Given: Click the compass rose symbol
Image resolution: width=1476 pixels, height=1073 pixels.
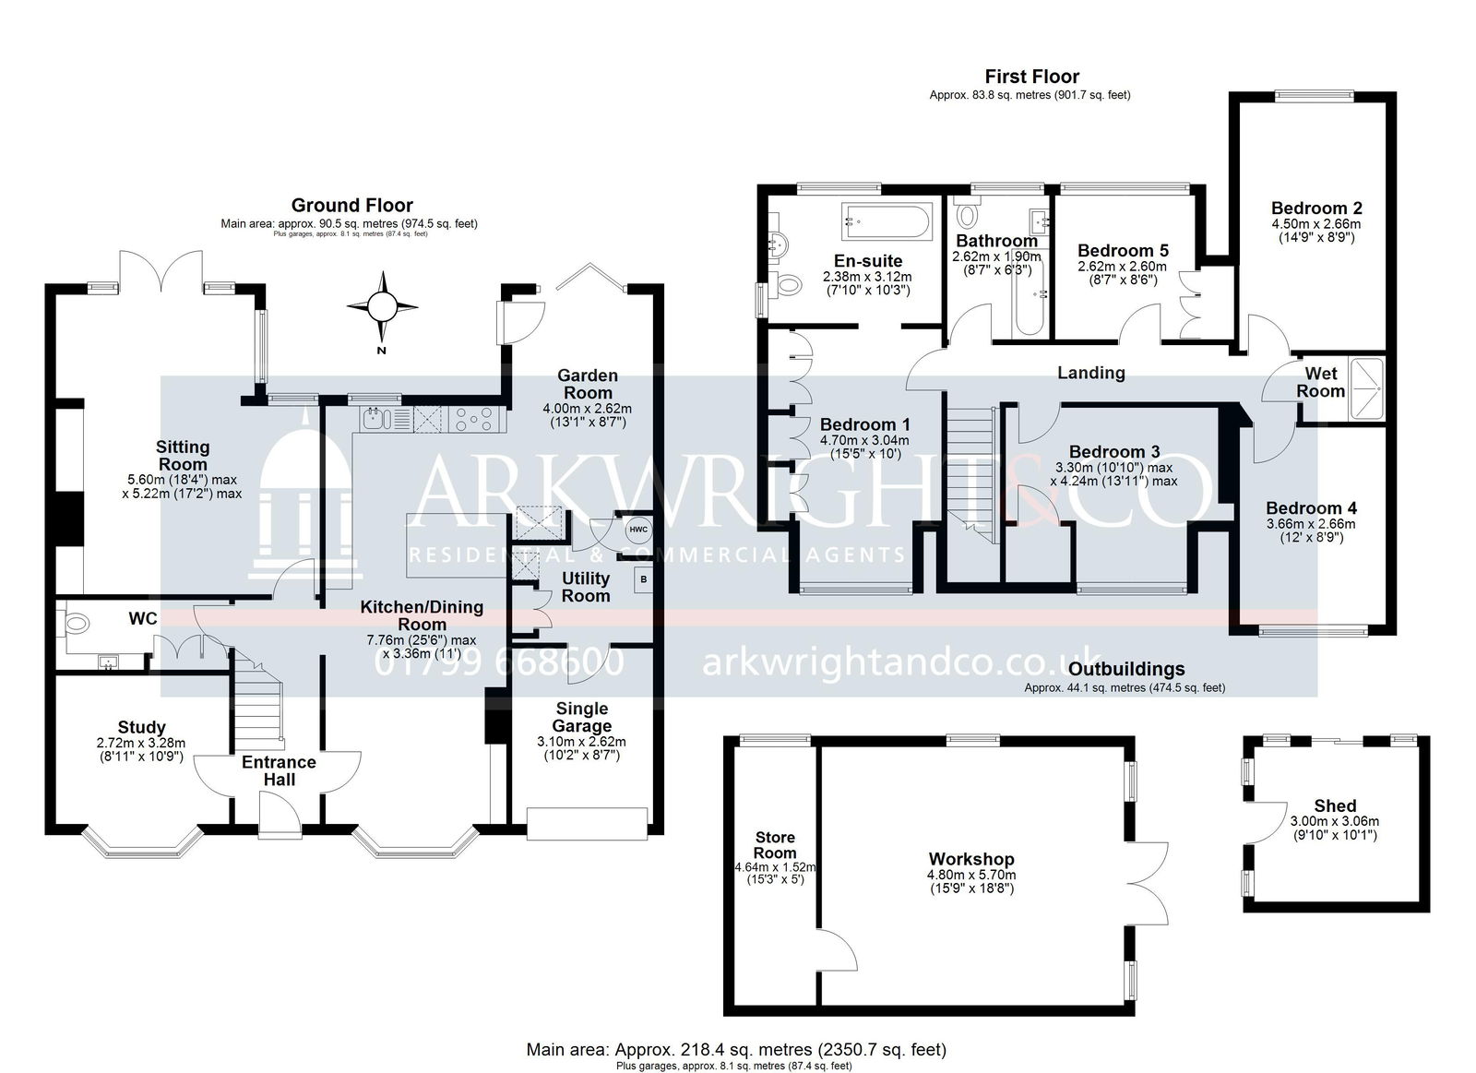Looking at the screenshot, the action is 382,306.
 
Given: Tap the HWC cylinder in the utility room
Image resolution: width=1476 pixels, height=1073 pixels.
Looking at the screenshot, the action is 637,530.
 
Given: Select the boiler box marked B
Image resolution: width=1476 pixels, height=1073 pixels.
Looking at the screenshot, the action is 643,580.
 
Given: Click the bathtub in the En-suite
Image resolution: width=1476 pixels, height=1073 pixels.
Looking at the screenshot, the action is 887,221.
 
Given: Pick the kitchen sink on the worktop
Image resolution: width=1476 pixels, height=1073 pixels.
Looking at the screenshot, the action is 376,419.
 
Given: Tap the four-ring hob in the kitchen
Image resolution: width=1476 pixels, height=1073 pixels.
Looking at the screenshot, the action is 476,419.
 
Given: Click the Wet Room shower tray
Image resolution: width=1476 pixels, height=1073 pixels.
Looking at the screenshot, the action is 1366,388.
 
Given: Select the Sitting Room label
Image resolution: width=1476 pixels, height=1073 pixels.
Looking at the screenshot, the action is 183,456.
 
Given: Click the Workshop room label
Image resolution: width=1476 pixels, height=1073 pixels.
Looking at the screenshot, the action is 971,859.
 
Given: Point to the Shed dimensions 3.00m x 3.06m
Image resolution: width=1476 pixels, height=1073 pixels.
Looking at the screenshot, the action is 1334,829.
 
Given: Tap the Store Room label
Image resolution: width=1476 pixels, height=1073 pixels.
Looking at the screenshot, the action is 775,845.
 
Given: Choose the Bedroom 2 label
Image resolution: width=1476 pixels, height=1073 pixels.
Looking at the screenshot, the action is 1316,208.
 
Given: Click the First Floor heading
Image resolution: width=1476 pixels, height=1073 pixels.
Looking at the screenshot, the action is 1032,77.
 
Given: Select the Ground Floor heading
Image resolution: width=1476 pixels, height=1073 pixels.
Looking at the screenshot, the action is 351,205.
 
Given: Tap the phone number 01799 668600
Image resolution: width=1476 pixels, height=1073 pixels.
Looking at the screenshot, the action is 499,662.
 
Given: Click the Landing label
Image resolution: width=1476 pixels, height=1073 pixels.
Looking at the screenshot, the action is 1091,373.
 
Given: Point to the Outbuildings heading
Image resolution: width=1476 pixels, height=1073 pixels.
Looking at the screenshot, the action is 1126,669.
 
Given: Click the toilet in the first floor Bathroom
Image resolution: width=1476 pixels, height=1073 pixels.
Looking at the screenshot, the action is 968,214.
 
